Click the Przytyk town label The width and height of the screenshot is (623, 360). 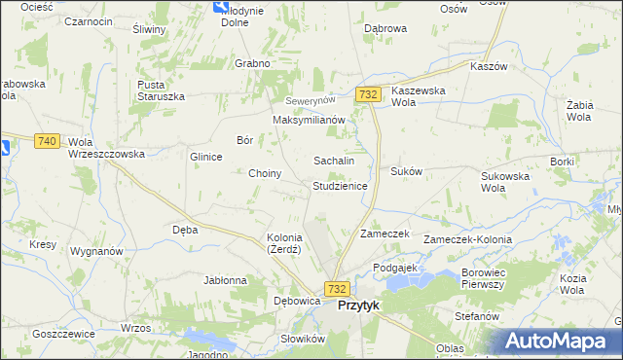click(358, 305)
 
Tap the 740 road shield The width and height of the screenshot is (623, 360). click(46, 141)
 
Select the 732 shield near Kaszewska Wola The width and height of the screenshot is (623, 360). click(367, 94)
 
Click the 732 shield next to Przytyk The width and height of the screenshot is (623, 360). click(337, 289)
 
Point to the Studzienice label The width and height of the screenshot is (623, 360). click(340, 185)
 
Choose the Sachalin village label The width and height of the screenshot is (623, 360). click(333, 160)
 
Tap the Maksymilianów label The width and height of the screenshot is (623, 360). click(309, 120)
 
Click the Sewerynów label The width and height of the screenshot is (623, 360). click(310, 101)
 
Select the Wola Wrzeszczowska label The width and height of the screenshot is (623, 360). click(106, 148)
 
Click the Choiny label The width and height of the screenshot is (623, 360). click(265, 174)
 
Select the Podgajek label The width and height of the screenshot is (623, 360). click(395, 267)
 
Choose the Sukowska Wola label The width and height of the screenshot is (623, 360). click(505, 182)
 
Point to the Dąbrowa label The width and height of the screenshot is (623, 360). click(385, 29)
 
